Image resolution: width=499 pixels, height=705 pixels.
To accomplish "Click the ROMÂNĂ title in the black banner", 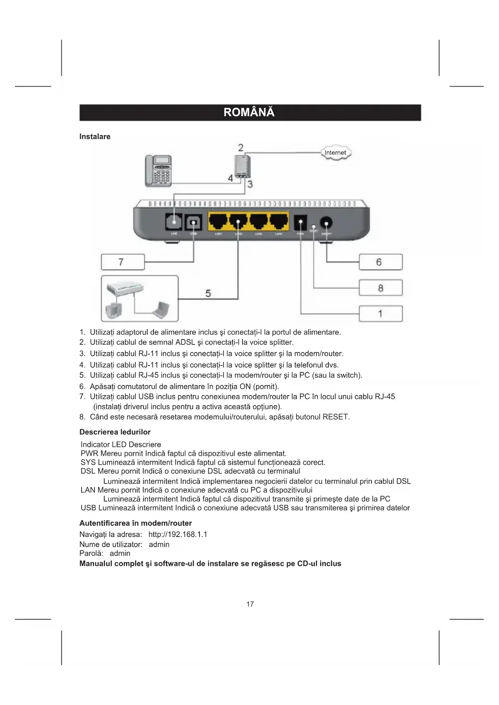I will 249,112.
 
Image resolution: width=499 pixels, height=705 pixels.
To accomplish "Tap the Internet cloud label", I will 335,153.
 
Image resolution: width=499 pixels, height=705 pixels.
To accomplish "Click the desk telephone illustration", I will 158,171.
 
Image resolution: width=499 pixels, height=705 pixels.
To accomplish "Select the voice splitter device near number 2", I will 241,166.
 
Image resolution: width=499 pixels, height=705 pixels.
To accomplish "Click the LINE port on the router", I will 174,221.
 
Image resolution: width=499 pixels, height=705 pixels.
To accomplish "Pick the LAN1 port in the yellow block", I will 218,221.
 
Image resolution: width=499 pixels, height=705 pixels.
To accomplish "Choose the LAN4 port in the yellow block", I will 279,221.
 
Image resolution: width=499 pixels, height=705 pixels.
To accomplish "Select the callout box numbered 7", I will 123,262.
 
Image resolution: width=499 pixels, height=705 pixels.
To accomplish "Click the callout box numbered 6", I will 380,262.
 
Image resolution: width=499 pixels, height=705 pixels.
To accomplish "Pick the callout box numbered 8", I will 380,288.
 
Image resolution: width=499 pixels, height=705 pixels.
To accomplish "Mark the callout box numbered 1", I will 380,314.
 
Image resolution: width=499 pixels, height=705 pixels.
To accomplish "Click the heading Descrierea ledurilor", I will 115,432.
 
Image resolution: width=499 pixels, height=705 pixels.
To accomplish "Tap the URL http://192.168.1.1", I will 178,535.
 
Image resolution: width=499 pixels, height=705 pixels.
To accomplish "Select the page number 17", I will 250,604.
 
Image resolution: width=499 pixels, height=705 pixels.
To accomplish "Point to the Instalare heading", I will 95,137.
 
